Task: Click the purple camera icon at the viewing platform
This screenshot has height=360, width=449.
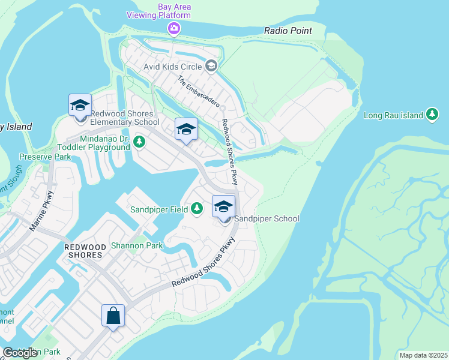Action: pyautogui.click(x=174, y=28)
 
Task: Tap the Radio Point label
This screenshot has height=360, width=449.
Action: pyautogui.click(x=288, y=31)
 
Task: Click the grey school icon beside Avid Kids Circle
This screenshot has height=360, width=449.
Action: pyautogui.click(x=211, y=66)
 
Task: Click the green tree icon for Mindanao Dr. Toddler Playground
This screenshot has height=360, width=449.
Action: pyautogui.click(x=139, y=142)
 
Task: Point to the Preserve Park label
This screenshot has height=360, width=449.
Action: pyautogui.click(x=45, y=157)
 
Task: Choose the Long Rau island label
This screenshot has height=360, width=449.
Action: pyautogui.click(x=393, y=114)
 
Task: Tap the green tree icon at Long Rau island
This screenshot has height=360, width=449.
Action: pyautogui.click(x=432, y=114)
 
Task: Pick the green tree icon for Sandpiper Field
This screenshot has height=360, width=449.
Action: pyautogui.click(x=196, y=209)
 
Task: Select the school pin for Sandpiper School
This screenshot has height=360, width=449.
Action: pyautogui.click(x=223, y=208)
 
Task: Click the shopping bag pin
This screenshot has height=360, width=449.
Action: pyautogui.click(x=113, y=316)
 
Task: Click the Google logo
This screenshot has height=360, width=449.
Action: pyautogui.click(x=20, y=352)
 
